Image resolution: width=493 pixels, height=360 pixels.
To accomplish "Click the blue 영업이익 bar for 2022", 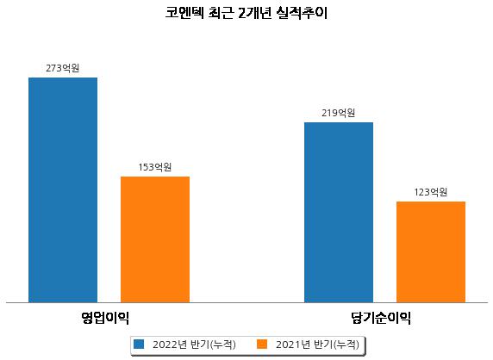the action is [x=63, y=190].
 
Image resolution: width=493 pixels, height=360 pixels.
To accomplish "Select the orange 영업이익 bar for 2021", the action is [x=155, y=239].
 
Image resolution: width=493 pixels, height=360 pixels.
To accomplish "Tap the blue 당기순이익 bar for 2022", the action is [x=339, y=213].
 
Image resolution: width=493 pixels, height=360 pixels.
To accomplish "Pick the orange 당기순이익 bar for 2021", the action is [x=431, y=252].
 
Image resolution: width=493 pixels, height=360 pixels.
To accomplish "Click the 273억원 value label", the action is [x=63, y=68].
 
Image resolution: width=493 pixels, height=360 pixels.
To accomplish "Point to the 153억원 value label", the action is [x=155, y=167].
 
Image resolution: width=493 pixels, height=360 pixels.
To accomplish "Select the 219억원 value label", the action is [x=339, y=113].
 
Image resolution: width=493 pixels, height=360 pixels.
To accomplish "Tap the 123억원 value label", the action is [x=430, y=192].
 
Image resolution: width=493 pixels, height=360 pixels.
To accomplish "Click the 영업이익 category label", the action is [x=105, y=318].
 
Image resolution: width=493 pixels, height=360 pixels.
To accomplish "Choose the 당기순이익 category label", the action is [x=381, y=318].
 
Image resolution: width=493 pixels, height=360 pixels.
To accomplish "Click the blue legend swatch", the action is [x=139, y=344].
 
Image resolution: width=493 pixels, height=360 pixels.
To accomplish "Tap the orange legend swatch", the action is [x=262, y=344].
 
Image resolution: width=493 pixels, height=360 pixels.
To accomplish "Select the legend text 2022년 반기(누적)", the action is [x=194, y=344].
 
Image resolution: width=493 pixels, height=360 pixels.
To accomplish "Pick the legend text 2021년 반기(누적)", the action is [x=317, y=344].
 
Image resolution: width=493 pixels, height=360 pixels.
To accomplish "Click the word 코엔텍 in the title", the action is [x=184, y=13].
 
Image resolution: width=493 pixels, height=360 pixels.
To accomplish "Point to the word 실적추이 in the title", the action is [x=302, y=13].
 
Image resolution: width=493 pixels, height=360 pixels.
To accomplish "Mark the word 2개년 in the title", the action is [x=255, y=13].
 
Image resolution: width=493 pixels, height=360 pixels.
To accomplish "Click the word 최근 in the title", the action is [x=221, y=13].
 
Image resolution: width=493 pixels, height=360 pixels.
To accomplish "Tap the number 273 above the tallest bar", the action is [x=53, y=68].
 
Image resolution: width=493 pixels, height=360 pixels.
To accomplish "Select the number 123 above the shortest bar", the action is [x=421, y=192].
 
